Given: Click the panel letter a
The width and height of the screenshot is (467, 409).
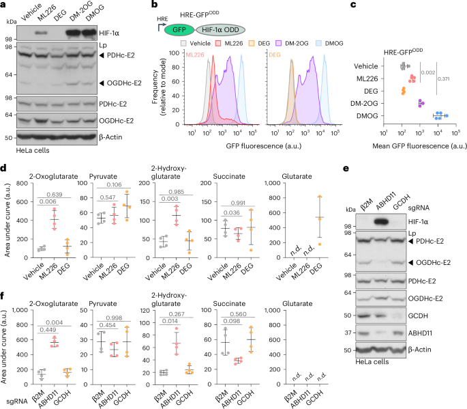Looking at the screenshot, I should tap(5, 6).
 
